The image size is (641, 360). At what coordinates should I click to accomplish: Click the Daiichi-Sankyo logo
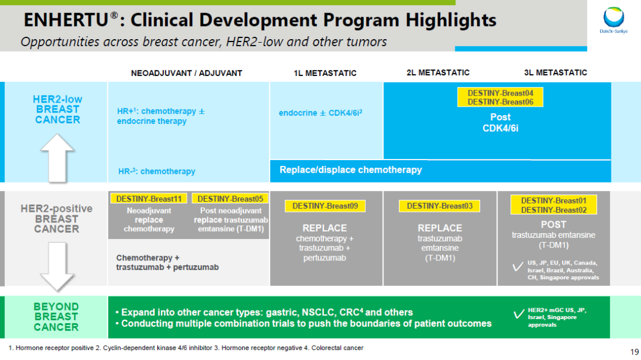(614, 20)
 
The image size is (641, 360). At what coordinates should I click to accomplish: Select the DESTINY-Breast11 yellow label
(149, 199)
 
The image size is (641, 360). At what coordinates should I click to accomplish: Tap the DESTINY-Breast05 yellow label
(230, 199)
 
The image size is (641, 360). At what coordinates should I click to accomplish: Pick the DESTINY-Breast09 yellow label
(325, 206)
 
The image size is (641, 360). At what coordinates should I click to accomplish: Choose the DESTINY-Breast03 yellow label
(439, 206)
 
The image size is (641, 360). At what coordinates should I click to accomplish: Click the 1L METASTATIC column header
(325, 73)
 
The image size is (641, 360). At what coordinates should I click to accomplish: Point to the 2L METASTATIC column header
(438, 73)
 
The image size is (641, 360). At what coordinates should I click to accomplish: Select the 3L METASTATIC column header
(556, 73)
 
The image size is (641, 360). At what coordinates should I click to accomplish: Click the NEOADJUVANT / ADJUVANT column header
(186, 73)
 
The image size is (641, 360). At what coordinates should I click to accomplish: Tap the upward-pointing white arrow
(57, 158)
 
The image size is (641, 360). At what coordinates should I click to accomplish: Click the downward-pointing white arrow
(57, 266)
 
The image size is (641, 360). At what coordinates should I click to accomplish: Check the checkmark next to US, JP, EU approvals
(518, 267)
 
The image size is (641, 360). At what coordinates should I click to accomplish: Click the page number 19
(634, 352)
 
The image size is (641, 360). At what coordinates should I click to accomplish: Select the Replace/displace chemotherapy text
(351, 170)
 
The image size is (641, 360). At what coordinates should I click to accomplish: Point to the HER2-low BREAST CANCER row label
(58, 110)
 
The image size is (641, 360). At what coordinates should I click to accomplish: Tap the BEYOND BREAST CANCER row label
(56, 317)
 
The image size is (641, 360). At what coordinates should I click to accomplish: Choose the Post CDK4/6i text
(500, 123)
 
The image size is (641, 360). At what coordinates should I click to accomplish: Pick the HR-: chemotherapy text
(157, 171)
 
